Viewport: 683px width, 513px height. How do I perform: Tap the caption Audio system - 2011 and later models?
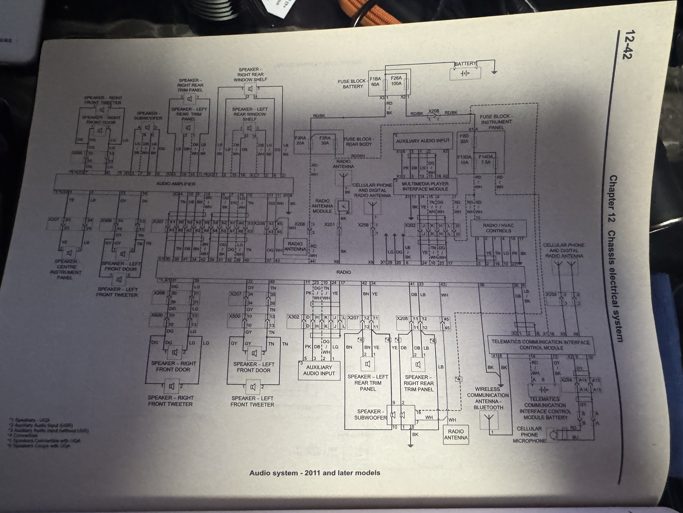click(x=315, y=473)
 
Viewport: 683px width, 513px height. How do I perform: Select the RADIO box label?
click(x=343, y=272)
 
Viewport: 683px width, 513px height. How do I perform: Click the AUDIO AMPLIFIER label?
click(x=176, y=184)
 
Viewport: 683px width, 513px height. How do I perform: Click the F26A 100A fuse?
click(x=396, y=81)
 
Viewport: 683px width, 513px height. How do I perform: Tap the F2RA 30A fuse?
click(x=325, y=141)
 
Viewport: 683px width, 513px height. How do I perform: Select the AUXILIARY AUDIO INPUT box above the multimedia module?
click(x=423, y=141)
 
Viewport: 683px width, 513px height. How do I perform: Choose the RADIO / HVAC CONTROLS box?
click(x=498, y=228)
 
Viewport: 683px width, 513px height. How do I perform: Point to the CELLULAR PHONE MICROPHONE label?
click(x=529, y=434)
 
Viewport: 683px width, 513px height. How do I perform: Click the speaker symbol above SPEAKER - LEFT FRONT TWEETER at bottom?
click(x=253, y=387)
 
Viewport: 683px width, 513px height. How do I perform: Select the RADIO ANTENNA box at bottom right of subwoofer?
click(x=456, y=434)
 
